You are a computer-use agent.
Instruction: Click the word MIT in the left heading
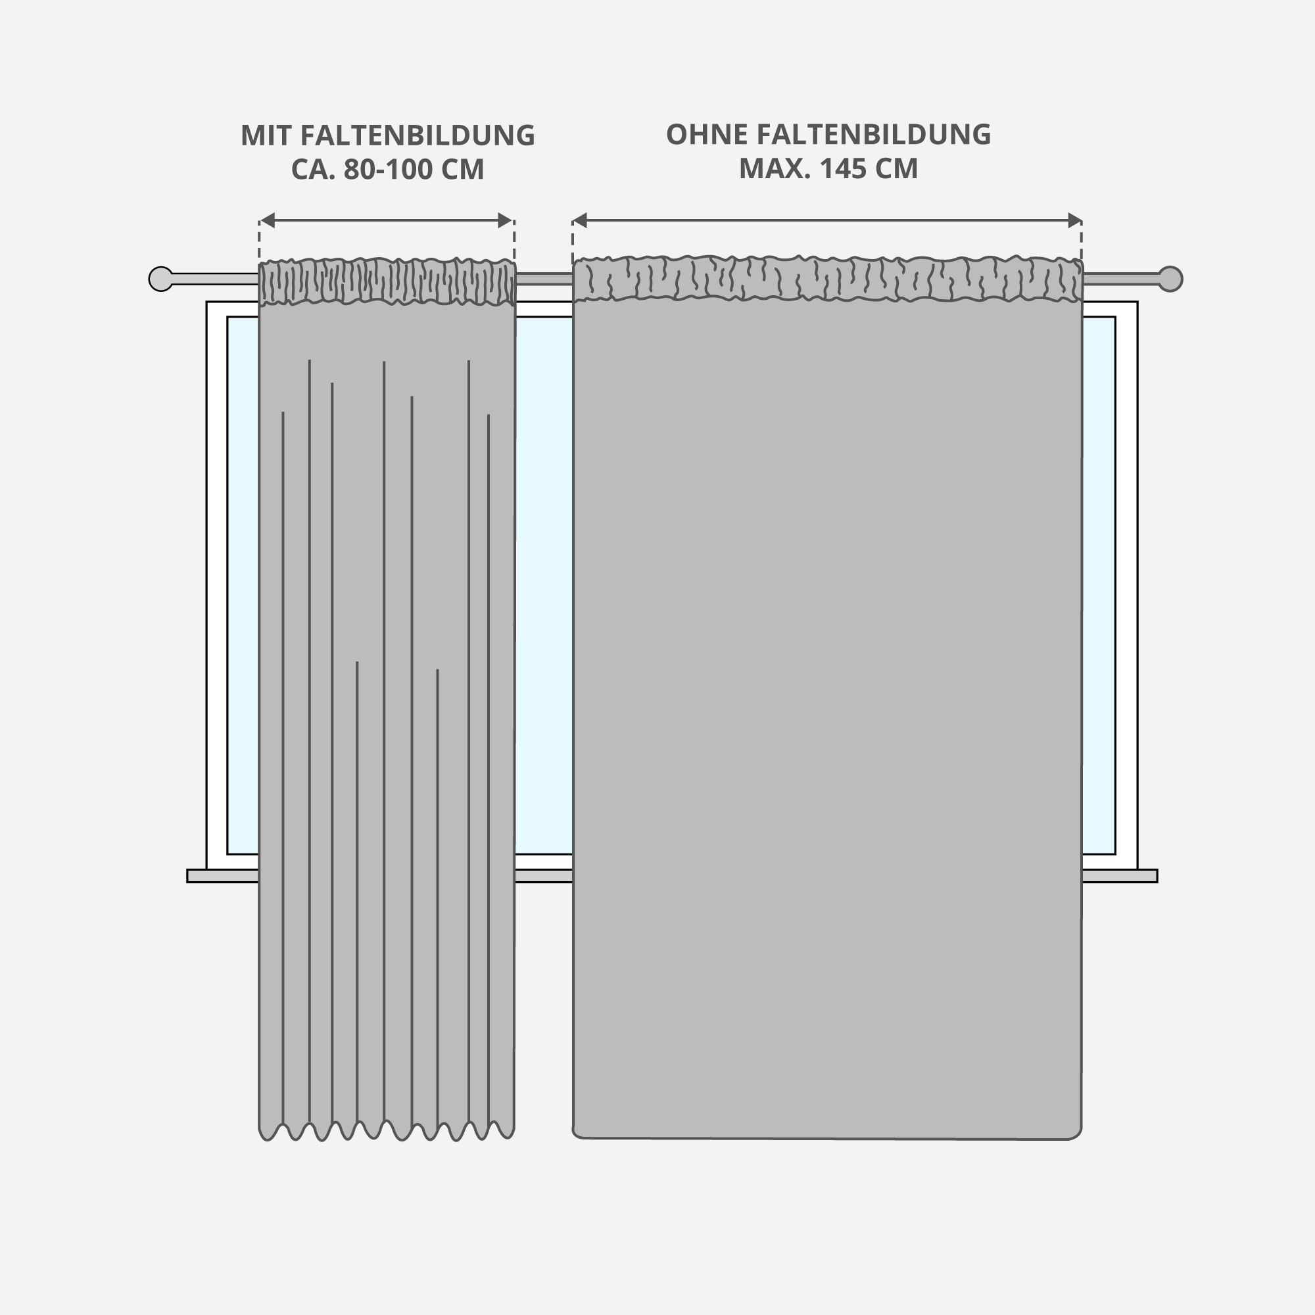click(x=266, y=135)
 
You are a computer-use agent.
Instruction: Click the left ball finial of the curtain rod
click(x=160, y=279)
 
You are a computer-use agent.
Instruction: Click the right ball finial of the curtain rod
click(x=1170, y=279)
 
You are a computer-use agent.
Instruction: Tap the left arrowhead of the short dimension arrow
click(x=268, y=220)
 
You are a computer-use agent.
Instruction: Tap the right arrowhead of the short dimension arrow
click(x=505, y=220)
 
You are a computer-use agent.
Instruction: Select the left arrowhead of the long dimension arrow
click(x=580, y=220)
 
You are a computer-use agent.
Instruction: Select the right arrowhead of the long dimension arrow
click(x=1075, y=220)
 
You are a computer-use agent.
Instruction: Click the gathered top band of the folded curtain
click(x=387, y=281)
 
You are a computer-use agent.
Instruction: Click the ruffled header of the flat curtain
click(x=827, y=278)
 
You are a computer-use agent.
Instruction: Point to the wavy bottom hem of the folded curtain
click(x=387, y=1130)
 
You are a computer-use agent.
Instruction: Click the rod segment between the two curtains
click(x=544, y=279)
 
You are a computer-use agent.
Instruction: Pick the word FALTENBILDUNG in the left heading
click(x=418, y=135)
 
